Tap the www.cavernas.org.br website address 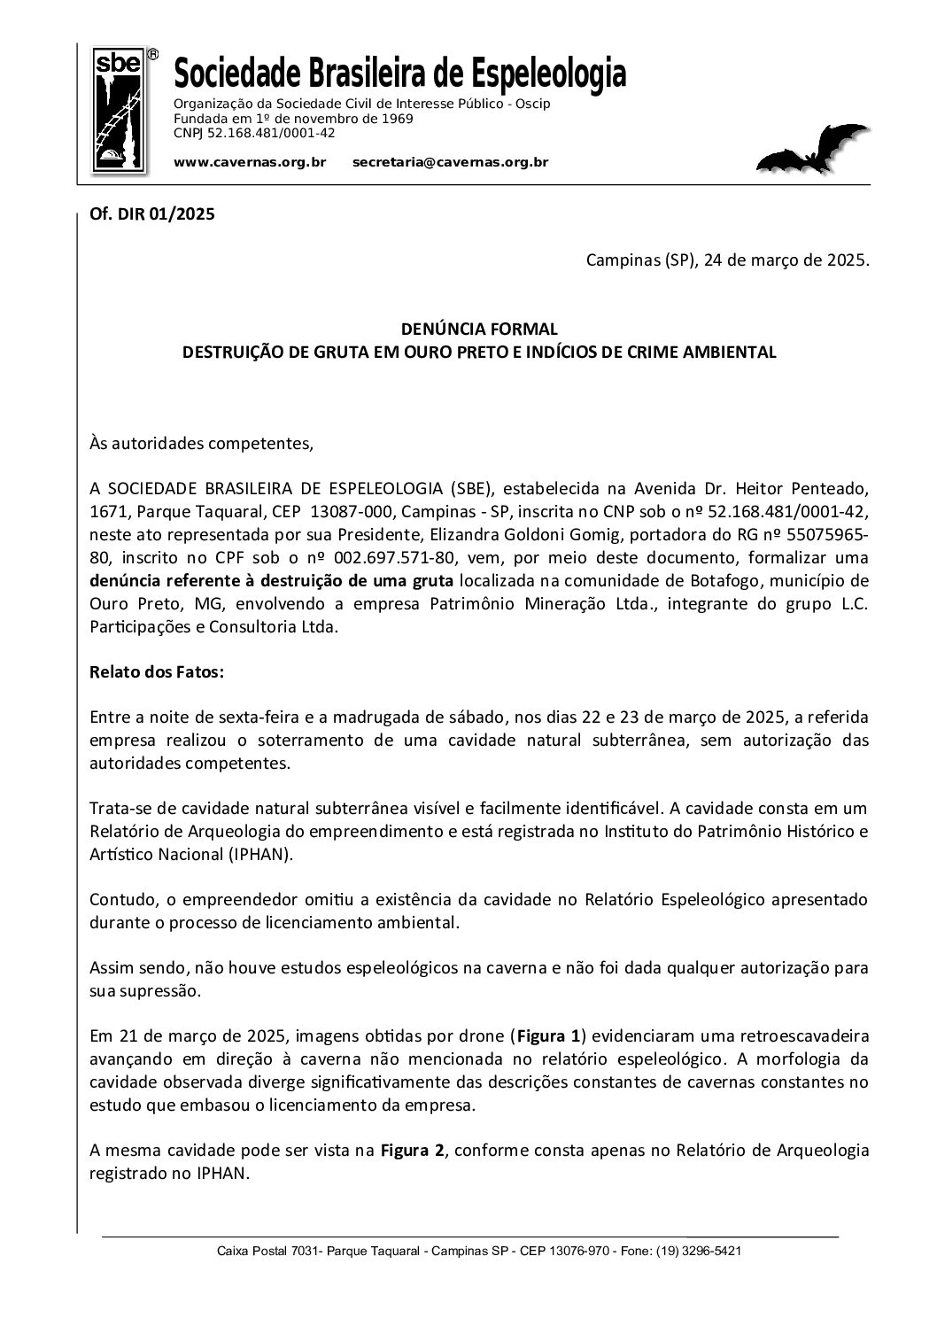[251, 162]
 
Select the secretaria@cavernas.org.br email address [450, 162]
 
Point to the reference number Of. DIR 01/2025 [152, 213]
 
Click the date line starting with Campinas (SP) [727, 261]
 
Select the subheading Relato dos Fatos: [158, 672]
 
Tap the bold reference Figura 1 [549, 1035]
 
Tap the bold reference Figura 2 [413, 1151]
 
